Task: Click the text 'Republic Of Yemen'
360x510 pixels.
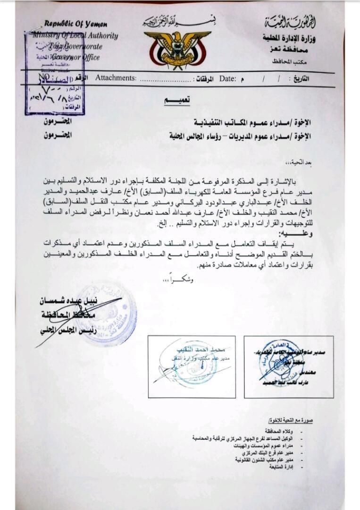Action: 75,24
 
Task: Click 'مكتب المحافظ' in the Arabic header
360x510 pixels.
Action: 286,61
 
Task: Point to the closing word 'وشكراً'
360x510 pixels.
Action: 180,280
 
